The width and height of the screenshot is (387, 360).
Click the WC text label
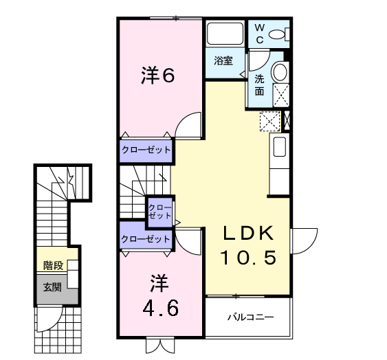260,32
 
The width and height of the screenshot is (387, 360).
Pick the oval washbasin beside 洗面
280,72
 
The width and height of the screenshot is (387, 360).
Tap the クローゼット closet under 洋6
146,149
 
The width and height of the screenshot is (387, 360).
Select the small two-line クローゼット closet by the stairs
160,211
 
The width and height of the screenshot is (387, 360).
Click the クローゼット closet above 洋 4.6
146,239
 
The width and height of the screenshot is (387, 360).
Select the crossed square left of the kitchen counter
269,122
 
